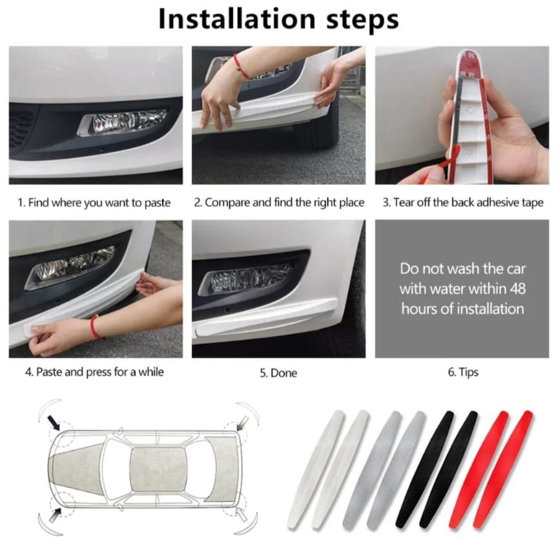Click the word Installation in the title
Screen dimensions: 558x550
click(x=237, y=19)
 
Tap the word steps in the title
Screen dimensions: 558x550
click(x=362, y=21)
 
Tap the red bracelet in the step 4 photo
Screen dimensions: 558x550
click(x=95, y=327)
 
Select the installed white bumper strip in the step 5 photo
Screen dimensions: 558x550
click(x=266, y=318)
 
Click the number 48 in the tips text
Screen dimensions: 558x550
click(x=517, y=288)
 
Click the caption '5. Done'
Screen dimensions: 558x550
click(x=278, y=373)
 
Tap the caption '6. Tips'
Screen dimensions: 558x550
click(x=463, y=372)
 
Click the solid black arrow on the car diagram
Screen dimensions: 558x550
click(x=54, y=423)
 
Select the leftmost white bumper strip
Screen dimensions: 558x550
click(x=315, y=469)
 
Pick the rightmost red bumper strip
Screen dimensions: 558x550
click(x=503, y=470)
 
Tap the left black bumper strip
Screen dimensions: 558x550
click(x=424, y=469)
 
